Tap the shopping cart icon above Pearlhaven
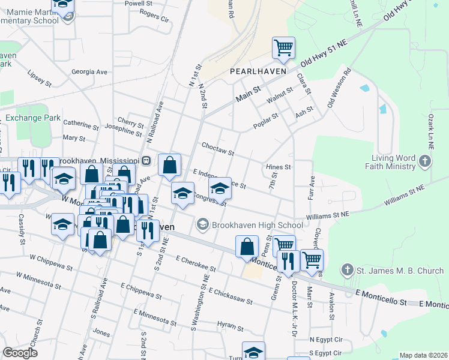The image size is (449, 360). click(x=283, y=48)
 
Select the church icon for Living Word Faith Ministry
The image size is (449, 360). click(x=424, y=161)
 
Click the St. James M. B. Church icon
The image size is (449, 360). click(x=347, y=271)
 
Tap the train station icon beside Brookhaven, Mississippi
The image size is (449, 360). click(x=146, y=161)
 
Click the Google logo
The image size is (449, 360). click(x=20, y=353)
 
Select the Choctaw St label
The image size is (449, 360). click(x=217, y=149)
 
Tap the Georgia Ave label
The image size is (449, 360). click(x=89, y=72)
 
